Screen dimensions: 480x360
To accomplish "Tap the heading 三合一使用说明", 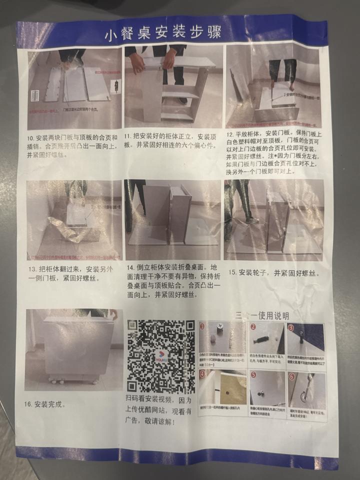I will pos(261,316).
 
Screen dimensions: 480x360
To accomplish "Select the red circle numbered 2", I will pos(253,327).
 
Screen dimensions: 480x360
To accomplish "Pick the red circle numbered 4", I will pos(202,373).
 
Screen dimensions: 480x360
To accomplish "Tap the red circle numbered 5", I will pos(253,374).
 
